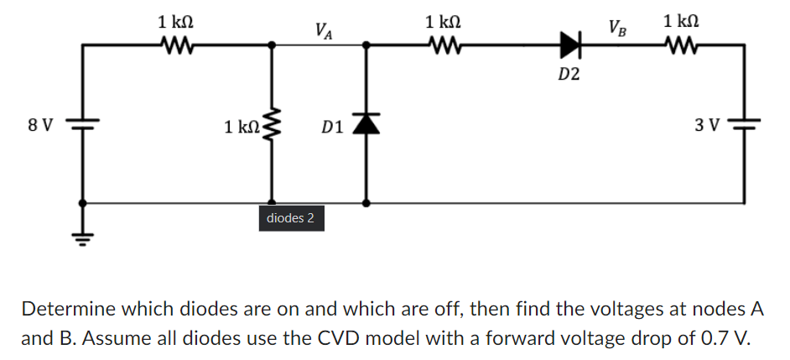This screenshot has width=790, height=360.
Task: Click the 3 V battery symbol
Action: tap(745, 125)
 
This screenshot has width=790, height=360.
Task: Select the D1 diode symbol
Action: tap(366, 124)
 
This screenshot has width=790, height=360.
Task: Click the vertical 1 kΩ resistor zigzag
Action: tap(271, 127)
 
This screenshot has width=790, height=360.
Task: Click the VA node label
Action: tap(323, 31)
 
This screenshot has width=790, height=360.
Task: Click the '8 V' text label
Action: tap(39, 126)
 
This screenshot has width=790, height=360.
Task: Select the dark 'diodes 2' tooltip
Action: tap(290, 219)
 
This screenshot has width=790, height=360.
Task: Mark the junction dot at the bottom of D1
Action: tap(366, 202)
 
